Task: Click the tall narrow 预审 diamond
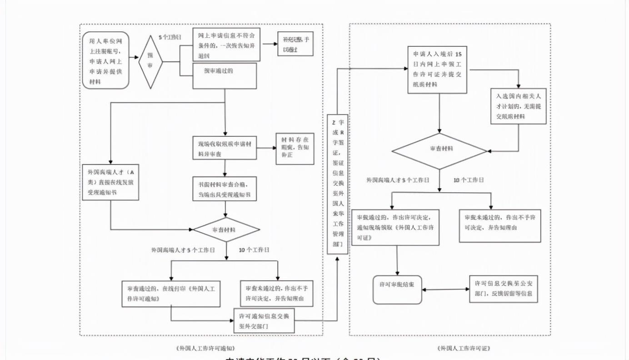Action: tap(150, 61)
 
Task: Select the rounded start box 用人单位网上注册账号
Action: tap(105, 60)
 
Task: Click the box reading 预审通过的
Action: tap(225, 75)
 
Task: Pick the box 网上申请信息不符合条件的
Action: tap(226, 45)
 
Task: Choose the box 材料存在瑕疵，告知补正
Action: tap(295, 149)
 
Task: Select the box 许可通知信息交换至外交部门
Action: tap(264, 321)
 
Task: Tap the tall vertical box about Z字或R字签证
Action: tap(337, 184)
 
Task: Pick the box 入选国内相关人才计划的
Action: tap(518, 106)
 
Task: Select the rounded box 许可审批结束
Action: tap(397, 290)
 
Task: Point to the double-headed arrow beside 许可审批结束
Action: tap(445, 289)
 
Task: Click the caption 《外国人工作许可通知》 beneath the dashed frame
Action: tap(205, 349)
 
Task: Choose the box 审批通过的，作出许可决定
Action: tap(395, 227)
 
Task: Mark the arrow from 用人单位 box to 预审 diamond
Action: tap(134, 58)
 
